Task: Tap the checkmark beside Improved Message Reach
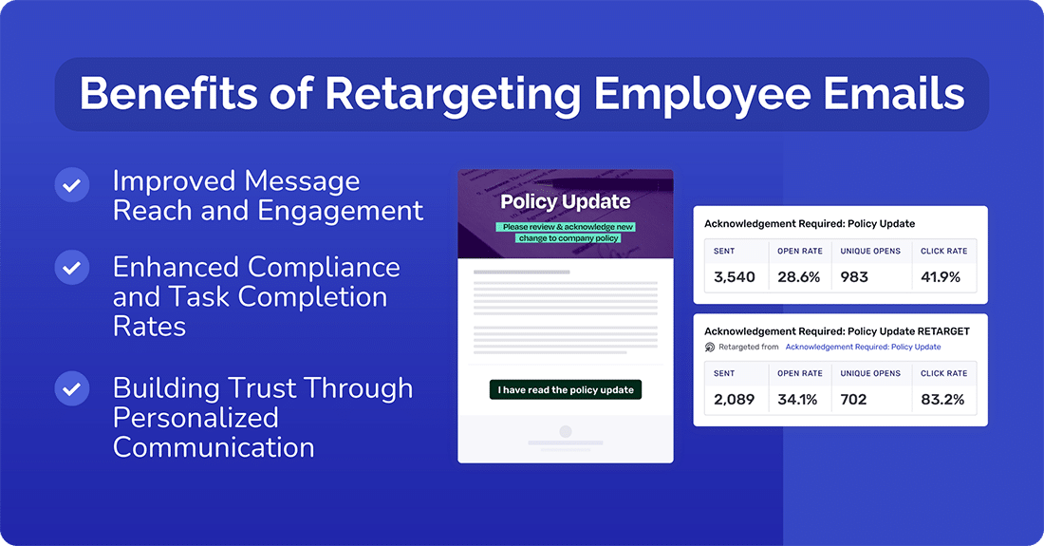click(x=71, y=184)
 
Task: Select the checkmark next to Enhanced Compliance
click(x=71, y=268)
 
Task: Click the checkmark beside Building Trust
click(x=71, y=388)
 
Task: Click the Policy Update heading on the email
click(x=566, y=201)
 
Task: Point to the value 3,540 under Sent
click(x=734, y=277)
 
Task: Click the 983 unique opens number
click(x=855, y=277)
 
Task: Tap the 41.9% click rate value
click(x=941, y=277)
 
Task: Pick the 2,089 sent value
click(x=734, y=399)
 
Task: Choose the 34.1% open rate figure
click(x=797, y=399)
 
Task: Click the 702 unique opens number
click(x=854, y=399)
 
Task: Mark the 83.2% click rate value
click(x=941, y=399)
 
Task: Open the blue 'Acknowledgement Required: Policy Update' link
click(x=863, y=348)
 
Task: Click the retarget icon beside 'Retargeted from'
click(x=710, y=348)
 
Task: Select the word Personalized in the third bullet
click(x=196, y=418)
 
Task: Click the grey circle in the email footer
click(x=566, y=432)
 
